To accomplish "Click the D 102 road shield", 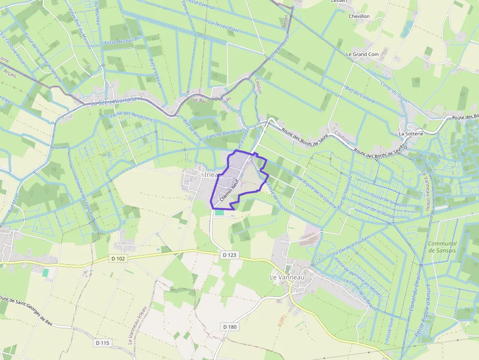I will coord(117,258).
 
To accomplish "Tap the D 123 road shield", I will coord(229,255).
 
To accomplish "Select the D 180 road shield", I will coord(229,326).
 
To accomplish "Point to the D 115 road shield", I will coord(102,343).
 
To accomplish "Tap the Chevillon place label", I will coord(359,16).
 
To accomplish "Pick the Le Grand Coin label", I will coord(362,54).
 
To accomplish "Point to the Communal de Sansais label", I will coord(442,247).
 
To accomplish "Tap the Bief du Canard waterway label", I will coord(360,94).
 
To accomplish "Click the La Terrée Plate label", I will coord(223,26).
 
